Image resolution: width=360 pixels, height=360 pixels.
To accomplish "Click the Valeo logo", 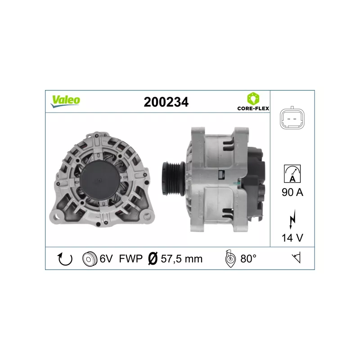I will click(65, 101).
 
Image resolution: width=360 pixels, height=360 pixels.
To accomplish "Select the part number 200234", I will click(166, 102).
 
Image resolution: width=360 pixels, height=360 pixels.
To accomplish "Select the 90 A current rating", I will click(292, 193).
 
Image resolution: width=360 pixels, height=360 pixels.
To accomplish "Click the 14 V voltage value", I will click(292, 238).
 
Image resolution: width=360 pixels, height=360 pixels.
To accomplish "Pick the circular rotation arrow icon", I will click(65, 259).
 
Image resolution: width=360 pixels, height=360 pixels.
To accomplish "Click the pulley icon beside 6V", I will click(90, 259).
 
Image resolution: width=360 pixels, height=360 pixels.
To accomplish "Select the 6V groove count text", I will click(106, 259).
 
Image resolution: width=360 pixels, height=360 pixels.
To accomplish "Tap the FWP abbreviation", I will click(130, 259).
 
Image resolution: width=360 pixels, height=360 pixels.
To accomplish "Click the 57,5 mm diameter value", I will click(182, 259).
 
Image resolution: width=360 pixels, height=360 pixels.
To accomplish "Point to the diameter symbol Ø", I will click(153, 259).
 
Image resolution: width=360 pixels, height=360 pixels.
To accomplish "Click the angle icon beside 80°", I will click(229, 259).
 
